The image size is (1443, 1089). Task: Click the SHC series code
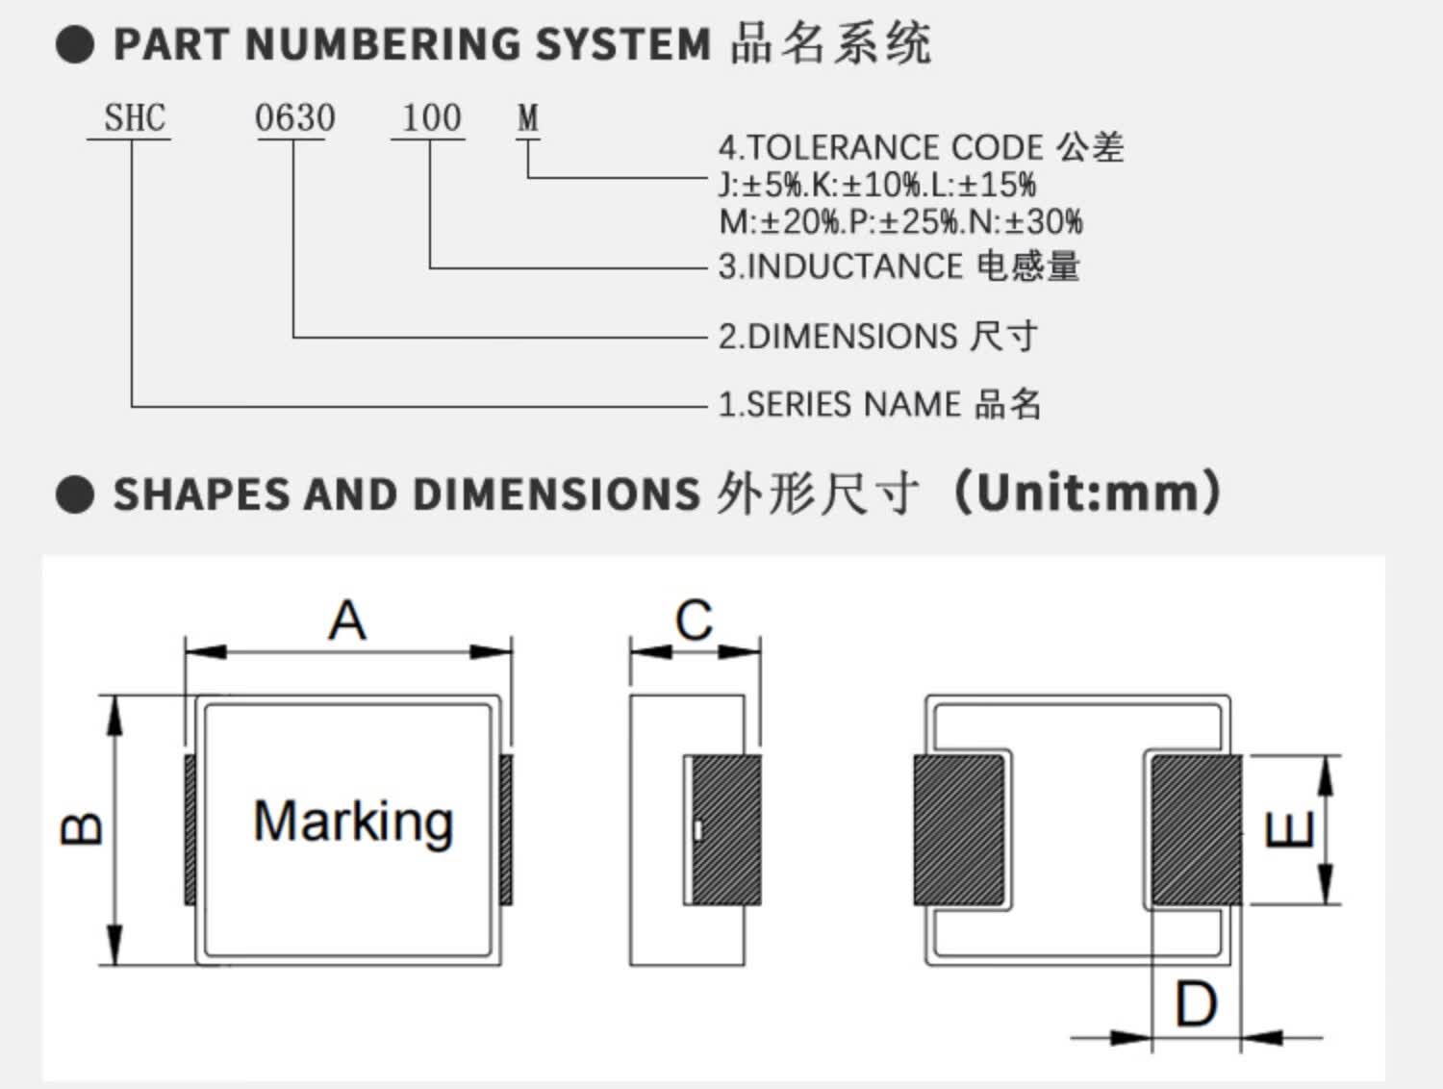tap(135, 118)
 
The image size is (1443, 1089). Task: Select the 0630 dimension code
tap(295, 118)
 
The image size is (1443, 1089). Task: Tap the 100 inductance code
tap(431, 118)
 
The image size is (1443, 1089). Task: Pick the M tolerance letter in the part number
tap(528, 118)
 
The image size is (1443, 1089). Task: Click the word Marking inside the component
tap(354, 823)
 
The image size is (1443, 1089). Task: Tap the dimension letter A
tap(347, 620)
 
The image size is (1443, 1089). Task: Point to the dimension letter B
tap(81, 828)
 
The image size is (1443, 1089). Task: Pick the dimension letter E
tap(1289, 829)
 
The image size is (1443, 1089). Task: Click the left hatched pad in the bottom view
tap(959, 829)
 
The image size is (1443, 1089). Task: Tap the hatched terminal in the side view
tap(727, 829)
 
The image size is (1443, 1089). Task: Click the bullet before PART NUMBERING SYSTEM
tap(75, 44)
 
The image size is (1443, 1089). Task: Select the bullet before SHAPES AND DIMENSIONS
tap(75, 494)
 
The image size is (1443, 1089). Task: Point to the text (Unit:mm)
tap(1087, 493)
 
